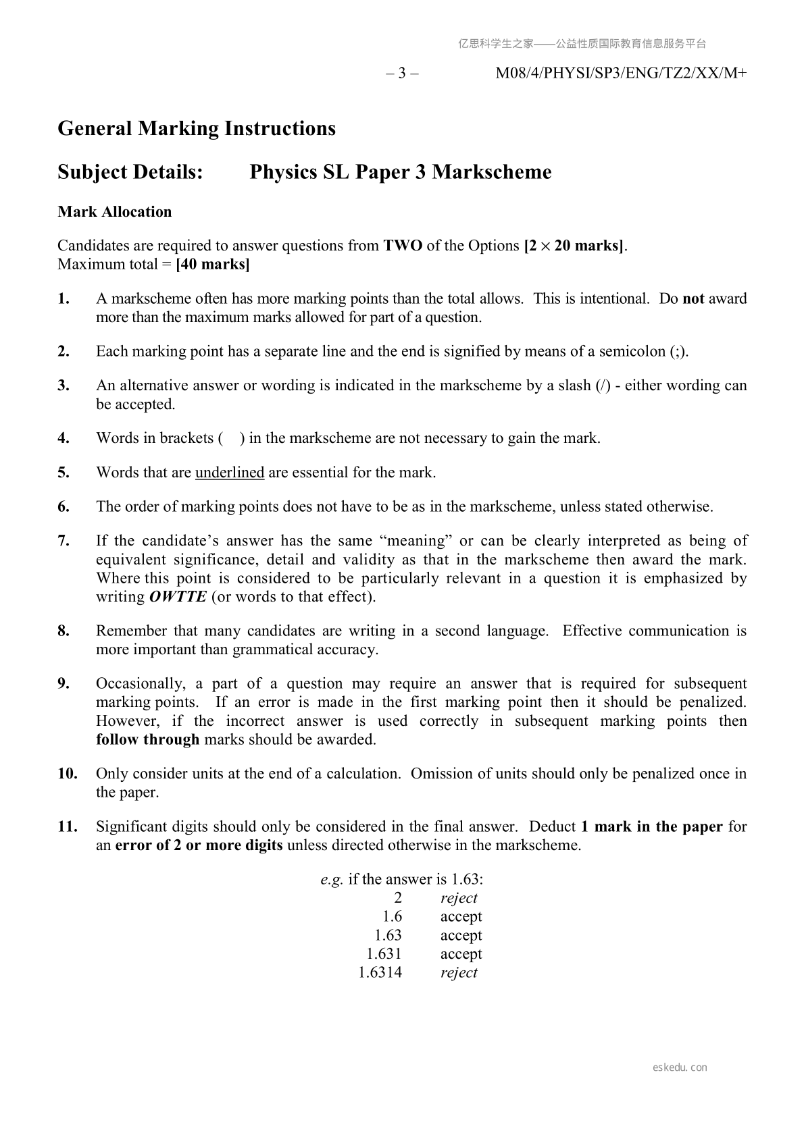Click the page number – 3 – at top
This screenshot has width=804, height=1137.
coord(402,73)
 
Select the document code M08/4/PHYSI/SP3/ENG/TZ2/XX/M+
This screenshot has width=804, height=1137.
coord(621,73)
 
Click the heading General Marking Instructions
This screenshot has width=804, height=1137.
coord(197,128)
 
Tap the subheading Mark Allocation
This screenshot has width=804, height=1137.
coord(115,212)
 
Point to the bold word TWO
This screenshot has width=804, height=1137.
coord(403,246)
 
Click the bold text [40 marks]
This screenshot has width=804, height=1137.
coord(212,264)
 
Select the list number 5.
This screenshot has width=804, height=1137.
coord(64,473)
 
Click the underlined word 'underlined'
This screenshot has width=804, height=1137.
coord(230,473)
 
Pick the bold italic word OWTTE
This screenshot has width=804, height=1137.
coord(178,597)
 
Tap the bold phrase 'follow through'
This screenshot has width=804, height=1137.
coord(147,739)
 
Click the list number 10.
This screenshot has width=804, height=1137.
coord(68,774)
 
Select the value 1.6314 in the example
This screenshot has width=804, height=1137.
coord(380,973)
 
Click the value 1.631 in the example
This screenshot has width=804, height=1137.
coord(384,954)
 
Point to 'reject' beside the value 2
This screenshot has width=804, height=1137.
coord(459,898)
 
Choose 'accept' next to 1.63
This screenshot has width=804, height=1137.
coord(461,935)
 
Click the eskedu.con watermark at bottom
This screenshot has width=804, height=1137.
coord(680,1067)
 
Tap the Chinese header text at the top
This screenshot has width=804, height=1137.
coord(582,44)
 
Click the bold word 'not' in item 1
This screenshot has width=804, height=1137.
coord(693,298)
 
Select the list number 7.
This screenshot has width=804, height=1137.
coord(64,541)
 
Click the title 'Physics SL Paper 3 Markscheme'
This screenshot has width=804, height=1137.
coord(401,172)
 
